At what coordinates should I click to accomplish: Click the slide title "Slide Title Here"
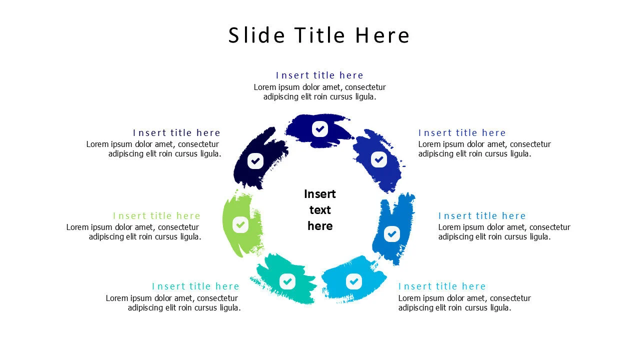point(319,35)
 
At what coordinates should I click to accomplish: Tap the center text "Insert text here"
point(320,210)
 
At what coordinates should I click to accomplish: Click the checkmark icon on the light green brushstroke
point(240,224)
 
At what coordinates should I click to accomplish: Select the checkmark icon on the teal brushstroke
point(287,281)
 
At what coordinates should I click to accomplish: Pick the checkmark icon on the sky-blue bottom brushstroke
point(354,281)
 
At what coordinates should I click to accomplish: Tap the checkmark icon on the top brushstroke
point(320,129)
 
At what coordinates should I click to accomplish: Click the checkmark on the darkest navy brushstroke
point(255,161)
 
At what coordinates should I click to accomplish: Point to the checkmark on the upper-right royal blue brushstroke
point(379,159)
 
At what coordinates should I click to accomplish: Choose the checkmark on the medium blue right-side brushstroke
point(392,233)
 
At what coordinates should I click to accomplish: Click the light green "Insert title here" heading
point(156,216)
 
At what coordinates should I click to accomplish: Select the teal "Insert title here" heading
point(195,286)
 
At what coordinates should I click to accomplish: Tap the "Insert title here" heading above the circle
point(319,75)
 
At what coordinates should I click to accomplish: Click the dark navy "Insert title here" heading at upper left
point(176,133)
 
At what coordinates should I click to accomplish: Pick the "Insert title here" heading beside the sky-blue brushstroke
point(442,286)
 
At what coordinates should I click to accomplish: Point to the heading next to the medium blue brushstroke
point(482,216)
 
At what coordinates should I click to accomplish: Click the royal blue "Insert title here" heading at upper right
point(462,133)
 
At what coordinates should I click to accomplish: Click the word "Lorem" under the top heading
point(265,87)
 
